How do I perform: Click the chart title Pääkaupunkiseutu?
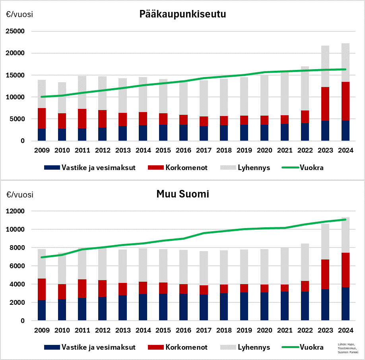click(x=182, y=15)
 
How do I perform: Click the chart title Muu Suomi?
click(x=182, y=195)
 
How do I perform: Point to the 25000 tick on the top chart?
click(x=17, y=31)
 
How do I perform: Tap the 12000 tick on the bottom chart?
click(x=17, y=211)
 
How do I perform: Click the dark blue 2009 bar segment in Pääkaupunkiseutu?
click(x=42, y=135)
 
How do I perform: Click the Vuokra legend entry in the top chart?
click(x=313, y=168)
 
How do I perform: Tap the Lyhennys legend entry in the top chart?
click(x=254, y=168)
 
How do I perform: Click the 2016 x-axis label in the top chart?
click(x=183, y=151)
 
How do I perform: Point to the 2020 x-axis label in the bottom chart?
click(x=264, y=331)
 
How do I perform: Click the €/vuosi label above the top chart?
click(x=19, y=15)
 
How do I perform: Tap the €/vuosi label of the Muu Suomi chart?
click(x=19, y=195)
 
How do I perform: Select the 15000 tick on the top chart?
click(x=17, y=75)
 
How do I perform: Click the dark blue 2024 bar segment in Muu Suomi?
click(x=345, y=304)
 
